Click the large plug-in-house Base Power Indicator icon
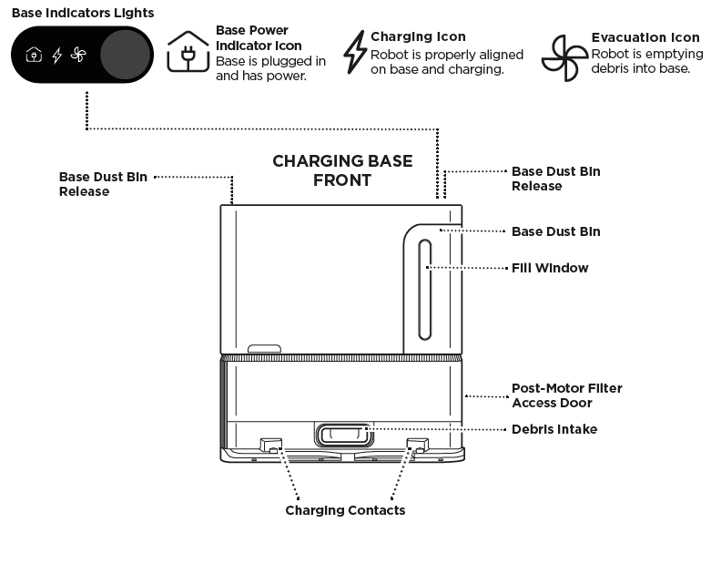(188, 52)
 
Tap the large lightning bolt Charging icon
(354, 52)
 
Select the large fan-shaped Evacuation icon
(564, 58)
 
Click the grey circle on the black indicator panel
(125, 56)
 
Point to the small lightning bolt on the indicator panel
(56, 56)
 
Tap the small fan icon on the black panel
(78, 56)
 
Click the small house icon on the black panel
(34, 56)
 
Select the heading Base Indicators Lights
(83, 13)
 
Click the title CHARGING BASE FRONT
(342, 170)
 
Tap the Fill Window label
(550, 268)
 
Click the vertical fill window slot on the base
(424, 289)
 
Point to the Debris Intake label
(554, 429)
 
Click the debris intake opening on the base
(342, 434)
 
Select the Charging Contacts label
(345, 510)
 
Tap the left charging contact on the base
(270, 446)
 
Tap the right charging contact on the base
(416, 446)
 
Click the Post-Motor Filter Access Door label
(566, 395)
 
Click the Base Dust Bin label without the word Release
(555, 231)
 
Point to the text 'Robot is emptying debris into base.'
(646, 60)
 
